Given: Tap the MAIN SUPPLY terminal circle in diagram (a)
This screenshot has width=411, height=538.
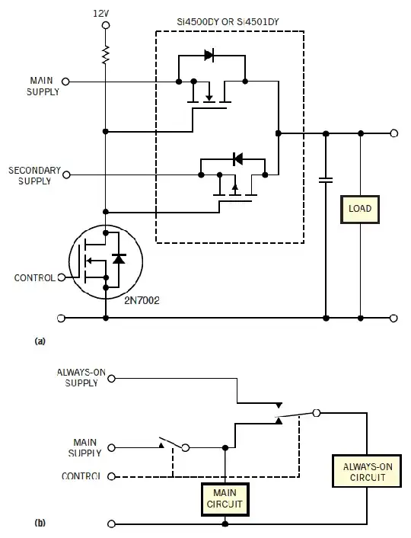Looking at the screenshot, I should [65, 81].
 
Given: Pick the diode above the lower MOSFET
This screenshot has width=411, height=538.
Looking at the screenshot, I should [236, 159].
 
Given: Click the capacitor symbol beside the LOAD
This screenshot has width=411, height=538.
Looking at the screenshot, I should [326, 181].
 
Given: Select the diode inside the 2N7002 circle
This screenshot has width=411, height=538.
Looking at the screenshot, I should [117, 259].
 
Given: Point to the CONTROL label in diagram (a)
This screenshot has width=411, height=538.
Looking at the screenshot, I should [34, 278].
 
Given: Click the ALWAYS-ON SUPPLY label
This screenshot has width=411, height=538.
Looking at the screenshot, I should [77, 377].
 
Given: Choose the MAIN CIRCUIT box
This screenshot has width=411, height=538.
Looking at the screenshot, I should [225, 498].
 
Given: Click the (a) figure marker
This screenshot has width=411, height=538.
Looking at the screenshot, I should [40, 342].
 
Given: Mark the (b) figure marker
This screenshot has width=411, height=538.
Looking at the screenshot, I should [40, 524].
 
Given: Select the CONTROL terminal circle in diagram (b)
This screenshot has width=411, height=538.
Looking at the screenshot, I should [113, 477].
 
